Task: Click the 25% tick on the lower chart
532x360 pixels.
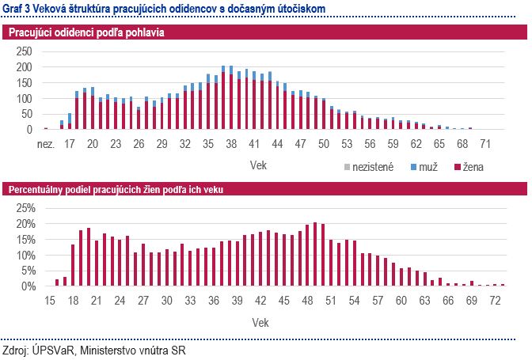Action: pyautogui.click(x=25, y=208)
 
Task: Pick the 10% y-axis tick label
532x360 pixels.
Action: pyautogui.click(x=25, y=256)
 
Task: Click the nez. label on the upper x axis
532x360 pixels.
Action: pyautogui.click(x=46, y=146)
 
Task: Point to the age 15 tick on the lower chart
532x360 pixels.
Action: pyautogui.click(x=50, y=301)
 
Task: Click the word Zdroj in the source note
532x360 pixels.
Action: pyautogui.click(x=15, y=349)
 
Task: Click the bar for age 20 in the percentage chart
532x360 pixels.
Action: pyautogui.click(x=89, y=257)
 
